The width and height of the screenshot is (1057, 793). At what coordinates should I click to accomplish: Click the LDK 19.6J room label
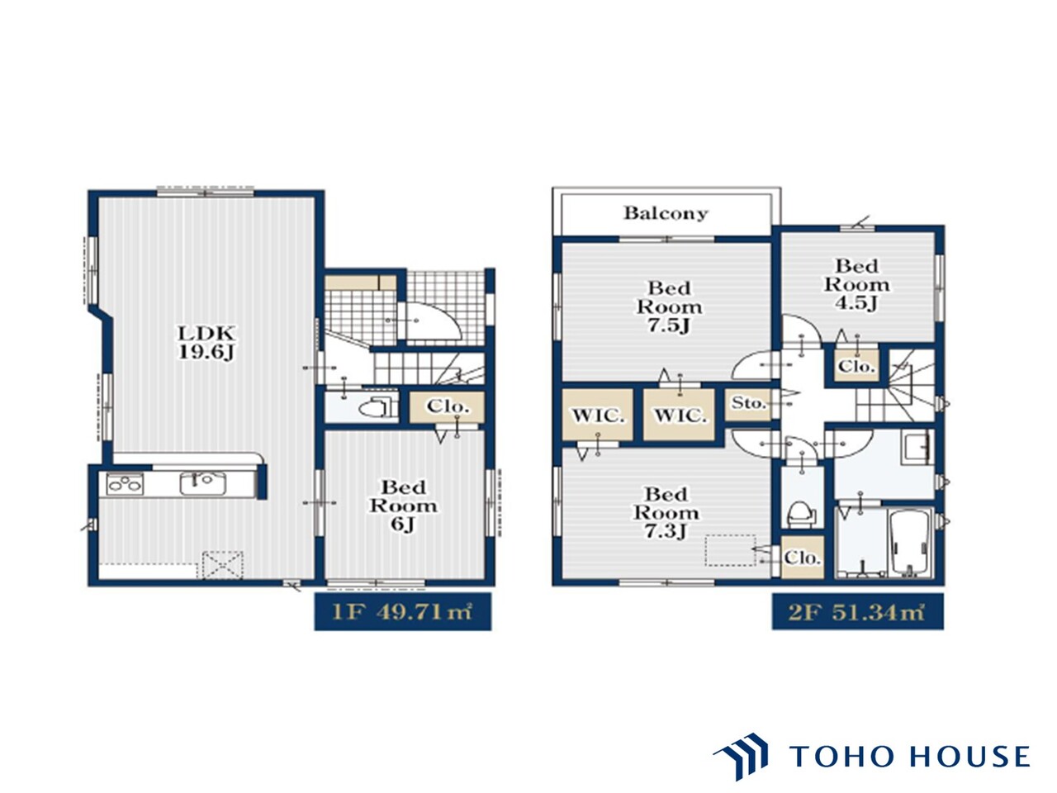(206, 342)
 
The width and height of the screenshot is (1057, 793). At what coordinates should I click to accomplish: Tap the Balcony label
(666, 213)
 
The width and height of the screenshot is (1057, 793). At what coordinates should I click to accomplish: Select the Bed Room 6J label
(404, 506)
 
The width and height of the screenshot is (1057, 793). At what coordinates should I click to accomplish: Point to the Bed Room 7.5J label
(669, 306)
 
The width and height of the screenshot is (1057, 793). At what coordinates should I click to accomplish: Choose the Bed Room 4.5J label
(856, 284)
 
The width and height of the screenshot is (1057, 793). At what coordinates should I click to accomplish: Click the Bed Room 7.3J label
(666, 513)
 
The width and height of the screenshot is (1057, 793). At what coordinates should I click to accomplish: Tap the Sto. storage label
(748, 402)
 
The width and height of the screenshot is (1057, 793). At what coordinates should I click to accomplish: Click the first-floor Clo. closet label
(448, 407)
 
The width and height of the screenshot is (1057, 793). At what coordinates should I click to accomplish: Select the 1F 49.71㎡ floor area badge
(403, 612)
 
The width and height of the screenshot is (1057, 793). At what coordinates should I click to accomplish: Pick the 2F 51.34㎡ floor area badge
(858, 612)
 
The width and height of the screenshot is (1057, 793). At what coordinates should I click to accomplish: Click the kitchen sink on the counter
(203, 483)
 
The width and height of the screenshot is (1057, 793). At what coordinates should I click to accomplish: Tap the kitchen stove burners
(125, 483)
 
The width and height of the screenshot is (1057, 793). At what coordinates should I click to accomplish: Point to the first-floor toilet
(377, 408)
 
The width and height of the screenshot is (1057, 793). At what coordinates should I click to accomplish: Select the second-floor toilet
(801, 515)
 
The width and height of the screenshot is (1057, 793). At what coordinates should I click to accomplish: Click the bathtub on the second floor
(908, 543)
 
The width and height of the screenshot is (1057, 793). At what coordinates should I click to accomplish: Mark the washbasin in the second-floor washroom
(917, 448)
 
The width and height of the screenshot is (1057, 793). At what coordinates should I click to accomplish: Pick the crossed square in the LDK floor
(222, 565)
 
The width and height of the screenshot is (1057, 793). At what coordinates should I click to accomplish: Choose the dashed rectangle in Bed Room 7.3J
(730, 550)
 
